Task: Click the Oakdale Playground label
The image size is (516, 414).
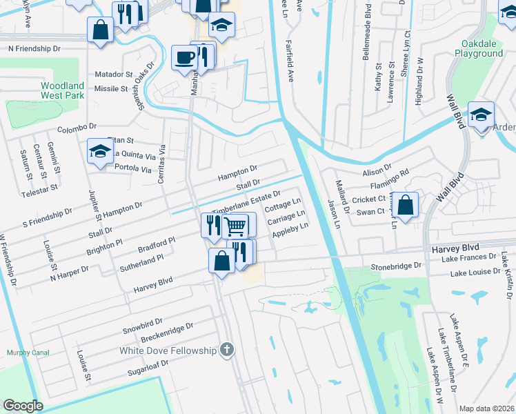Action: (x=477, y=48)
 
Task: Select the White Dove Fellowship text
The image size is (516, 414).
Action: (x=168, y=351)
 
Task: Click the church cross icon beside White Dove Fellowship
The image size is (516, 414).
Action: (x=227, y=351)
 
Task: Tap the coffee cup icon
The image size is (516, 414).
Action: (x=184, y=57)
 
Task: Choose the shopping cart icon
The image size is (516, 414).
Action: (x=235, y=225)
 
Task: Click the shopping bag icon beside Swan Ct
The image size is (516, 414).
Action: (x=407, y=205)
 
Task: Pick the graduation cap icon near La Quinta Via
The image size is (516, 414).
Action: (x=100, y=152)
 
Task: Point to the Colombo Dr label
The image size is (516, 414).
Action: (x=76, y=128)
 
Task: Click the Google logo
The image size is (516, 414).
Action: (x=23, y=406)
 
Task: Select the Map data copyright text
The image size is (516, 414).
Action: (x=487, y=408)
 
